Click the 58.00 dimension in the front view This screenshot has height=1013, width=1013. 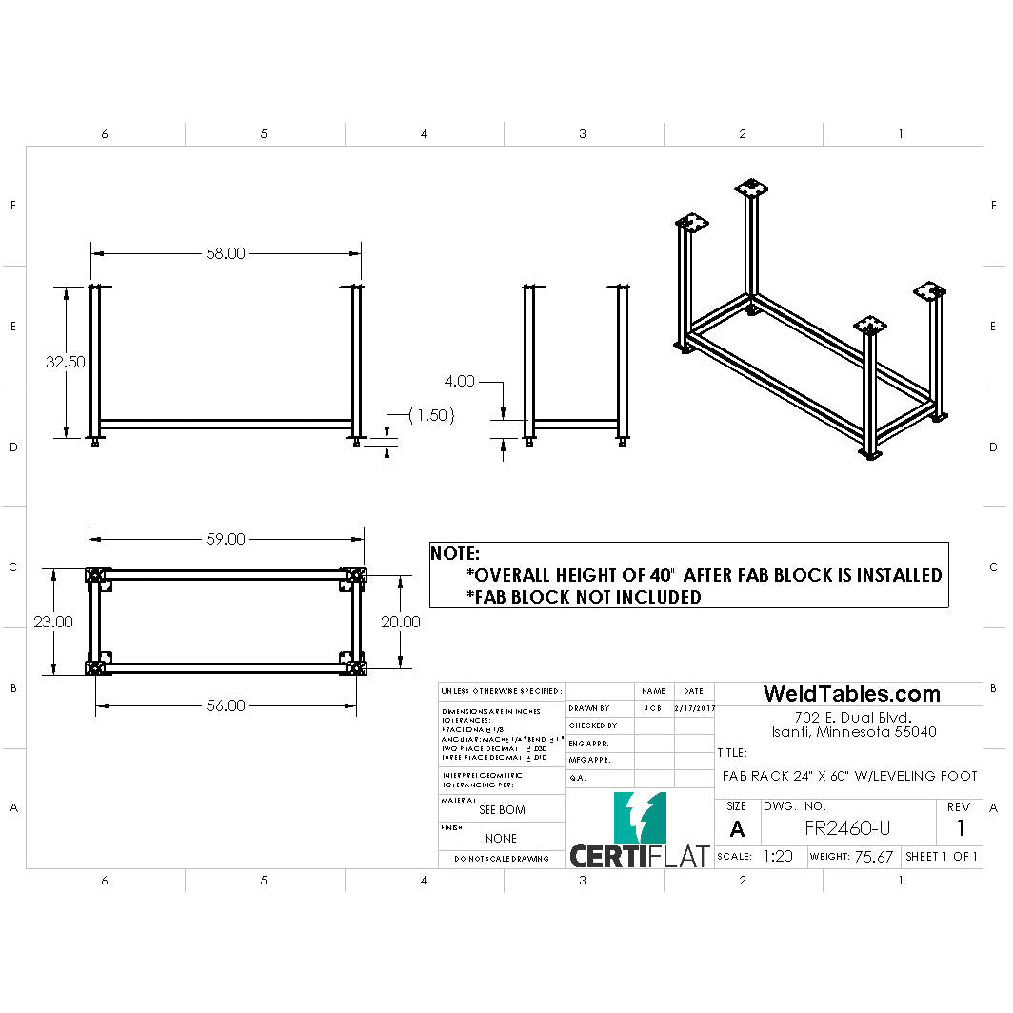click(226, 253)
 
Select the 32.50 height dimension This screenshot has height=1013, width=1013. click(65, 362)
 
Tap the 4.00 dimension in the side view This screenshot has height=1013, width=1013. click(459, 381)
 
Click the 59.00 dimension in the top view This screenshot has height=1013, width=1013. click(226, 539)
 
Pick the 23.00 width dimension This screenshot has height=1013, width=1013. click(53, 622)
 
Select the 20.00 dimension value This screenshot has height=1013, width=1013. click(400, 622)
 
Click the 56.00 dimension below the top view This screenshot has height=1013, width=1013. click(226, 705)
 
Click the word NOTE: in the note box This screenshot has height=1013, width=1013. click(455, 553)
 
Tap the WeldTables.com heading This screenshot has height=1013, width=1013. click(851, 694)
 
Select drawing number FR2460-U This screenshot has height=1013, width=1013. click(847, 828)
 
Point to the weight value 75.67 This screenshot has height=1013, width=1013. click(873, 857)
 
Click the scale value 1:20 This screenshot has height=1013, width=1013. click(778, 857)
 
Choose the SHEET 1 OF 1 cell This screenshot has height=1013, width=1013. click(942, 857)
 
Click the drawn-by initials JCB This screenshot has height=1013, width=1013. click(653, 708)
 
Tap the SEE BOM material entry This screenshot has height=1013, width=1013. click(501, 810)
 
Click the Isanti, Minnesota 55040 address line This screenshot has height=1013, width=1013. click(853, 732)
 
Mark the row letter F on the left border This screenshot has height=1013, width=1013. click(12, 206)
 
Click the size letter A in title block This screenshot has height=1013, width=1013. click(737, 829)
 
